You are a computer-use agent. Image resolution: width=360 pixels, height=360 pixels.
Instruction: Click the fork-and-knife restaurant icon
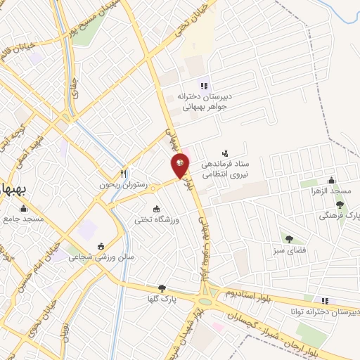123,174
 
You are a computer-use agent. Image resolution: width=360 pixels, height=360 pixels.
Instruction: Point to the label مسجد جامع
22,219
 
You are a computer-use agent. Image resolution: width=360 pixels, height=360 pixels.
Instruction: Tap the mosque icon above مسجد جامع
23,208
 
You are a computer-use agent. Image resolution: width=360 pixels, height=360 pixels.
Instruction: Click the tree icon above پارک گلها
163,288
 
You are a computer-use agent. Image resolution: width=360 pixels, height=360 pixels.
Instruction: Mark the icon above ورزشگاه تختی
157,209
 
